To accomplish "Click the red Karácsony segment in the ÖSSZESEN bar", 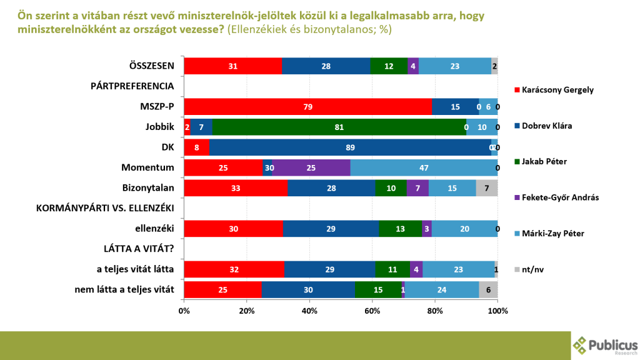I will (232, 66).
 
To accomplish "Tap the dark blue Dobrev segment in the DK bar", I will (350, 147).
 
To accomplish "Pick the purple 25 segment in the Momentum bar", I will (310, 168).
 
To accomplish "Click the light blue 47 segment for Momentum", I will (424, 168).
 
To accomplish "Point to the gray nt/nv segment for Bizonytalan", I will (487, 188).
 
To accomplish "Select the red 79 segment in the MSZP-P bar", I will (308, 107).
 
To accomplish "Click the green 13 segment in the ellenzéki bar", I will (400, 229).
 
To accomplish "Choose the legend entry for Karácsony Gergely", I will (553, 89).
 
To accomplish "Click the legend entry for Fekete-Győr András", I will (556, 197).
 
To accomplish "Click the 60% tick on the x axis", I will (372, 311).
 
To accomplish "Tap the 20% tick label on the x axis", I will (247, 311).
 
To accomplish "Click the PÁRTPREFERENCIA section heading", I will (132, 86).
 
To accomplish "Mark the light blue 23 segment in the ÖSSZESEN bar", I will (455, 66).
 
